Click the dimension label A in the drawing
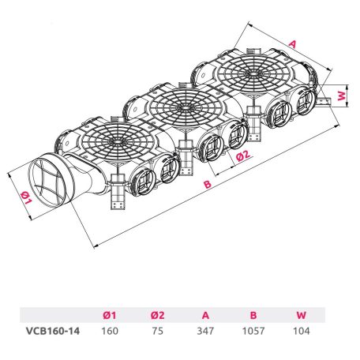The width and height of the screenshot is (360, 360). pos(292,44)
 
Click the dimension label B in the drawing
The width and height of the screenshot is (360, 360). pos(208,184)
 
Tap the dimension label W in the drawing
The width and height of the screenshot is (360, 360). pos(341,96)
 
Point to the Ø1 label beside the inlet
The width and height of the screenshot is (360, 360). pos(26,198)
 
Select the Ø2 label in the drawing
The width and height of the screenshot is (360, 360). pos(243,156)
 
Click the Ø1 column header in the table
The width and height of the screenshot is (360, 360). pos(110,315)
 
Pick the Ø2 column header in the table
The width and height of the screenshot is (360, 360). pos(158,315)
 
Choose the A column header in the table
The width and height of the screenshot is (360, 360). pos(205,315)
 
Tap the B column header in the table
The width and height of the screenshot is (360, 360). pos(253,315)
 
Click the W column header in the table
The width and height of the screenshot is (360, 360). pos(302,315)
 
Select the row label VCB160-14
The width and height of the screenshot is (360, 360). pos(53,331)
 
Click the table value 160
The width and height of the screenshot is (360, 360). pos(110,331)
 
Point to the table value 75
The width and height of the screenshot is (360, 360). pos(158,331)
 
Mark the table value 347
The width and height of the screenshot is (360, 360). pos(205,331)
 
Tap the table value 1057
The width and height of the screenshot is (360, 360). pos(253,331)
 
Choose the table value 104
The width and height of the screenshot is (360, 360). pos(302,331)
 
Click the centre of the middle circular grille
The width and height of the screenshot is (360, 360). pos(186,107)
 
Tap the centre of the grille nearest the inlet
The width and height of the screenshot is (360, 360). pos(118,141)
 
